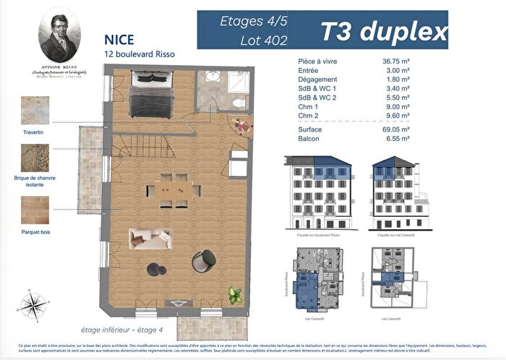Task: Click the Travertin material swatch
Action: pos(35,111)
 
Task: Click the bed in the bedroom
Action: pos(150,98)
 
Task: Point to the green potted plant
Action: pos(234,294)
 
